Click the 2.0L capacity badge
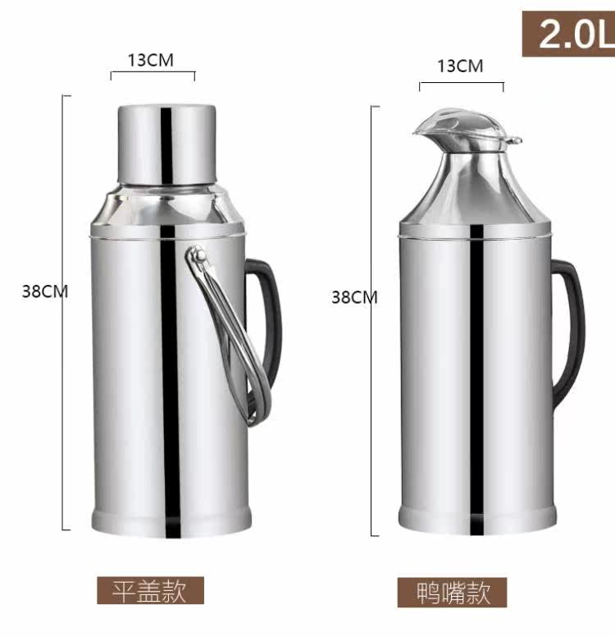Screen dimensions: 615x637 click(568, 34)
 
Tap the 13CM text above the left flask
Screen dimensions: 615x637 click(151, 60)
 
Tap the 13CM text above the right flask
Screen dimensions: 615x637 click(460, 66)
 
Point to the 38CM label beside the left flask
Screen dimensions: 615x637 click(45, 291)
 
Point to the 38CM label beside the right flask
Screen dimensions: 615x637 click(354, 297)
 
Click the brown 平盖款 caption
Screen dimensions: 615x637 click(150, 590)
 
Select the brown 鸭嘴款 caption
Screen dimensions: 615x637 click(452, 593)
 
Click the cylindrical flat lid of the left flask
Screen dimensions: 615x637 click(166, 144)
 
